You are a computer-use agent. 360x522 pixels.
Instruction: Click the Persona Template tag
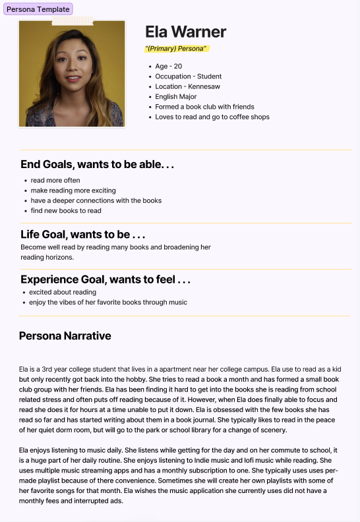point(38,9)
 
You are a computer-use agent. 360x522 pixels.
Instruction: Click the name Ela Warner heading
point(185,32)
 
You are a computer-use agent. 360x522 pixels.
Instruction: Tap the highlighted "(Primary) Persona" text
point(176,49)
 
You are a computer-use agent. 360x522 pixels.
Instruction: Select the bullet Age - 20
point(169,67)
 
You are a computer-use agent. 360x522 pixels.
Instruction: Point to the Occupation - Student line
point(189,76)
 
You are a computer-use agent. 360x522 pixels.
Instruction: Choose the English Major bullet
point(176,97)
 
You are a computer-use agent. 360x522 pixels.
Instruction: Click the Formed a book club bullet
point(204,107)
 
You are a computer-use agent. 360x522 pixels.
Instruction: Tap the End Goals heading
point(97,165)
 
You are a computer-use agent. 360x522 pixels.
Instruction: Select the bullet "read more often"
point(55,181)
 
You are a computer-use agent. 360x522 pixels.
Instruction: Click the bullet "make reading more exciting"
point(73,190)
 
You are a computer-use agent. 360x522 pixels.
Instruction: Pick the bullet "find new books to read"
point(66,211)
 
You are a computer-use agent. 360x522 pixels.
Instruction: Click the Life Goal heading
point(82,235)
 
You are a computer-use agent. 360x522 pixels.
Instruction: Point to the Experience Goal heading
point(105,279)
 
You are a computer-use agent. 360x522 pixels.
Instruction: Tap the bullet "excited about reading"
point(63,292)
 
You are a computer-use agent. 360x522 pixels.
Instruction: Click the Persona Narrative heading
point(65,336)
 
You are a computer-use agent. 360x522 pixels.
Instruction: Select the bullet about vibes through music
point(108,303)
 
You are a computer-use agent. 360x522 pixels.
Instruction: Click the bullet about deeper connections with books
point(96,200)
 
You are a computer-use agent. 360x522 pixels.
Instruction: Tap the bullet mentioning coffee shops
point(212,117)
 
